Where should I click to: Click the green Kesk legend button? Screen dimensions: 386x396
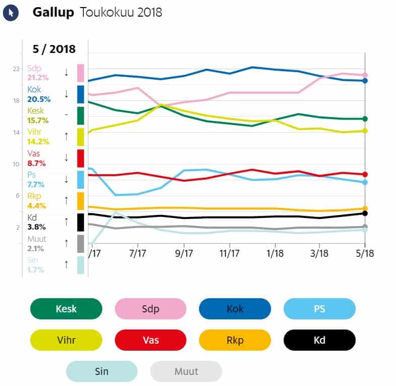pyautogui.click(x=66, y=309)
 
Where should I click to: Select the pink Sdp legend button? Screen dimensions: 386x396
pyautogui.click(x=151, y=309)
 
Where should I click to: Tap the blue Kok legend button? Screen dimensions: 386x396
pyautogui.click(x=235, y=309)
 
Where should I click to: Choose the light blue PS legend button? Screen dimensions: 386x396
pyautogui.click(x=319, y=309)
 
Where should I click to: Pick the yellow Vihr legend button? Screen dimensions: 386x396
pyautogui.click(x=66, y=340)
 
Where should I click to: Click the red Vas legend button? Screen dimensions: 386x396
pyautogui.click(x=151, y=340)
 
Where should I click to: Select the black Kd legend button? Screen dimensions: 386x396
pyautogui.click(x=319, y=340)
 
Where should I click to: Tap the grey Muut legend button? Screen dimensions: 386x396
pyautogui.click(x=186, y=371)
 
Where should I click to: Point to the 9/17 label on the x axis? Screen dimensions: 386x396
pyautogui.click(x=184, y=252)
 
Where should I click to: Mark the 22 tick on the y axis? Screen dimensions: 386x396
pyautogui.click(x=16, y=69)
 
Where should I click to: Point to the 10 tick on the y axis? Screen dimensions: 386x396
pyautogui.click(x=16, y=164)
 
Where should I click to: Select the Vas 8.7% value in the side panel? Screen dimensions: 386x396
pyautogui.click(x=36, y=163)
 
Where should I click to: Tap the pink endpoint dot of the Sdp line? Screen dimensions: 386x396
pyautogui.click(x=365, y=75)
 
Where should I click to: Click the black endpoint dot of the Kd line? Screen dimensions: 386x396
pyautogui.click(x=365, y=213)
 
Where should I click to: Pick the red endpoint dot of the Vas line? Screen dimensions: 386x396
pyautogui.click(x=365, y=175)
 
